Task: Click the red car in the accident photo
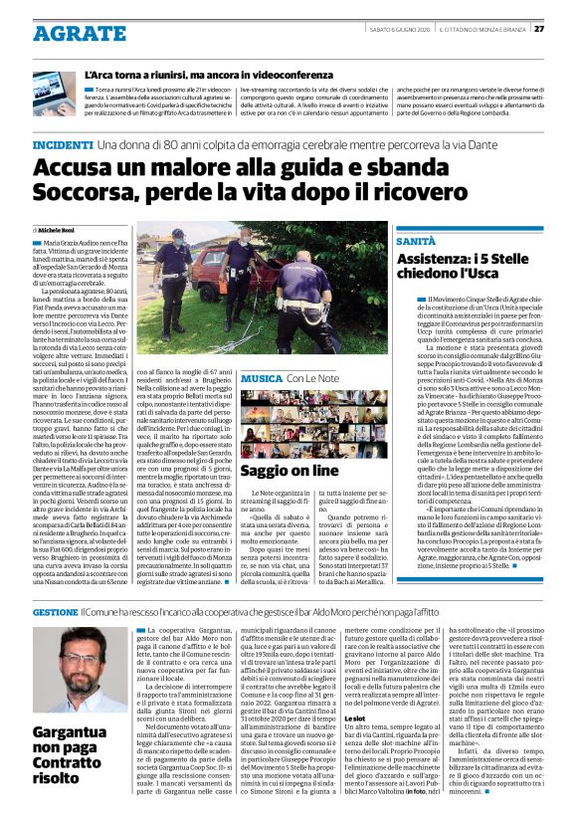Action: coord(213,273)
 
